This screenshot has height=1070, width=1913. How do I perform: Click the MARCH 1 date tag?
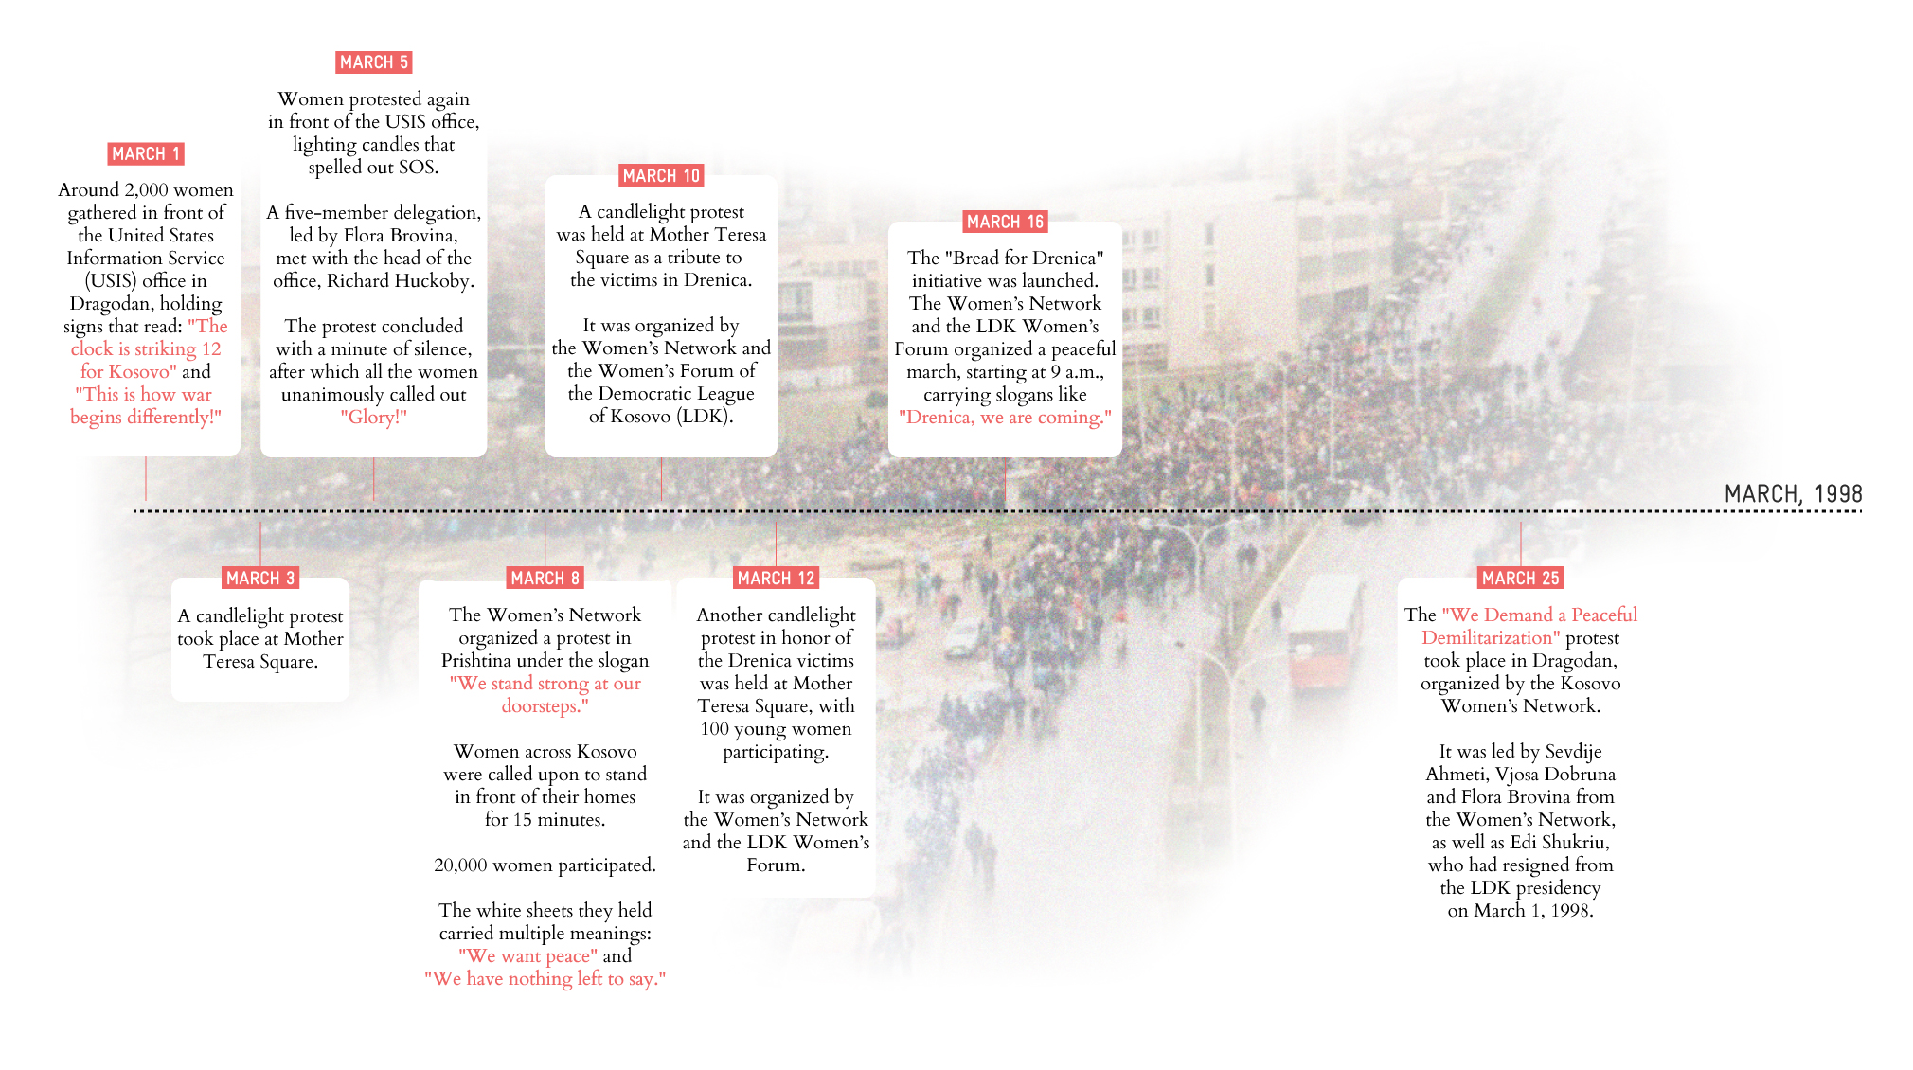pyautogui.click(x=145, y=154)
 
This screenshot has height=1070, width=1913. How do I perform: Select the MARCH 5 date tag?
pyautogui.click(x=373, y=62)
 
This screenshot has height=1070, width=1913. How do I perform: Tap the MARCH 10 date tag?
pyautogui.click(x=661, y=176)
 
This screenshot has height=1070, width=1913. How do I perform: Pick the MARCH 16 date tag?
pyautogui.click(x=1005, y=223)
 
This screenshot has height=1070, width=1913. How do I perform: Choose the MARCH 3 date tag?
pyautogui.click(x=260, y=579)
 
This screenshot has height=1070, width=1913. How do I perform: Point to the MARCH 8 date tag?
pyautogui.click(x=545, y=579)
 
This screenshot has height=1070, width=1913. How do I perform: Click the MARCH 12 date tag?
pyautogui.click(x=776, y=579)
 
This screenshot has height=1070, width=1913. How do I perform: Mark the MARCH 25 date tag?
pyautogui.click(x=1520, y=579)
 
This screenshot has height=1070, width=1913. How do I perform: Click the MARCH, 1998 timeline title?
pyautogui.click(x=1793, y=494)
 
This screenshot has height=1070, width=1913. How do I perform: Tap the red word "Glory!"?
pyautogui.click(x=373, y=418)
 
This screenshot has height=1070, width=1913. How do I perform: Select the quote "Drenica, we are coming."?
pyautogui.click(x=1005, y=418)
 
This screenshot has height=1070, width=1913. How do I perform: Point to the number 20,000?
pyautogui.click(x=460, y=865)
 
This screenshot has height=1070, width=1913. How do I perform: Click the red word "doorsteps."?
pyautogui.click(x=545, y=706)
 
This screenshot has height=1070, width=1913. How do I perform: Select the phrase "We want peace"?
pyautogui.click(x=527, y=956)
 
